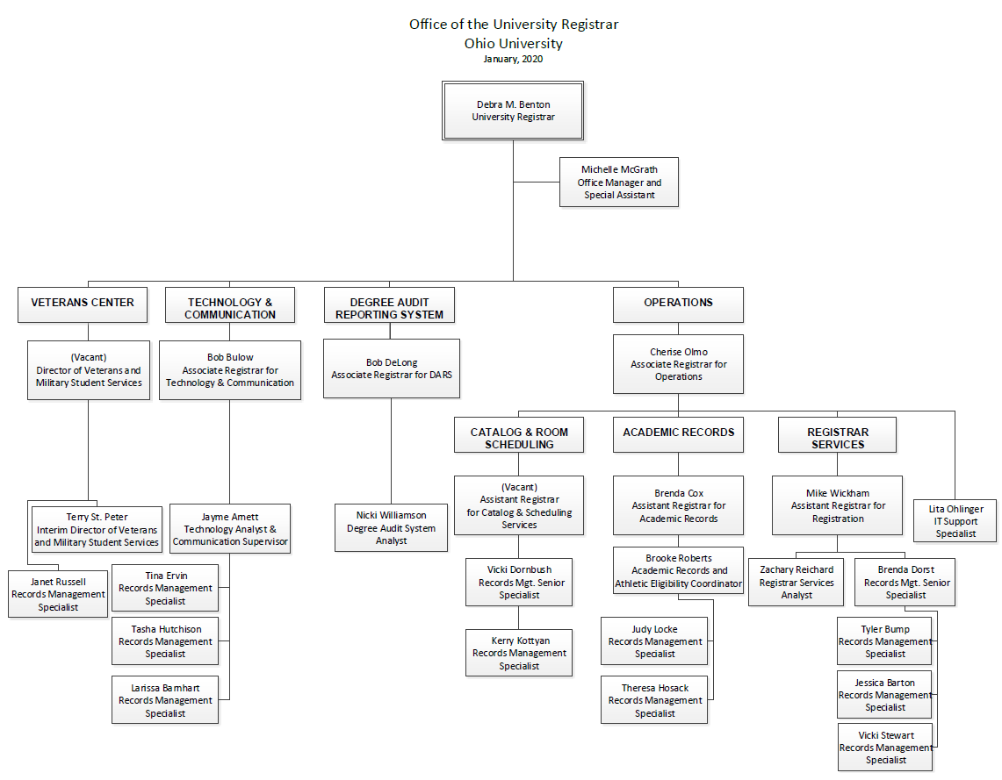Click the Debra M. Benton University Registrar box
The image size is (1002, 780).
tap(513, 111)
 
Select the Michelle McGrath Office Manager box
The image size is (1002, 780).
tap(619, 182)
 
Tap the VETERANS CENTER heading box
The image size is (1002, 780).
tap(83, 304)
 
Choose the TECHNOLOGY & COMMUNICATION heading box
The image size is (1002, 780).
tap(230, 308)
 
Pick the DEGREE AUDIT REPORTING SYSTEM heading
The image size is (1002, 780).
tap(390, 308)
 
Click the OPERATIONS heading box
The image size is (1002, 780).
tap(678, 304)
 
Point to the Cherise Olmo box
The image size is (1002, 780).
tap(678, 364)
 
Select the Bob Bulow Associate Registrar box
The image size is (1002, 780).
tap(230, 370)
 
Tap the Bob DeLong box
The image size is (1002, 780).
tap(391, 369)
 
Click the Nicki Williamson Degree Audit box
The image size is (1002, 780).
tap(391, 528)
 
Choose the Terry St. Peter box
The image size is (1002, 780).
tap(97, 530)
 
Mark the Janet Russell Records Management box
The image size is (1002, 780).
tap(58, 594)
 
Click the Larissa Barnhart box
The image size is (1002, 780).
tap(165, 700)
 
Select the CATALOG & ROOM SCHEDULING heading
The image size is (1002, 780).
tap(519, 438)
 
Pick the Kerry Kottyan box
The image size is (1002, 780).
tap(519, 653)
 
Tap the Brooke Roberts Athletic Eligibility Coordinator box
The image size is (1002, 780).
tap(679, 571)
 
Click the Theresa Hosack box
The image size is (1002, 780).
tap(654, 700)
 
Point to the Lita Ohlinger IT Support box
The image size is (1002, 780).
tap(956, 521)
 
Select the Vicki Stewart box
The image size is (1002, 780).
tap(885, 748)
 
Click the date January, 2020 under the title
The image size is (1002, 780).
tap(513, 60)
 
